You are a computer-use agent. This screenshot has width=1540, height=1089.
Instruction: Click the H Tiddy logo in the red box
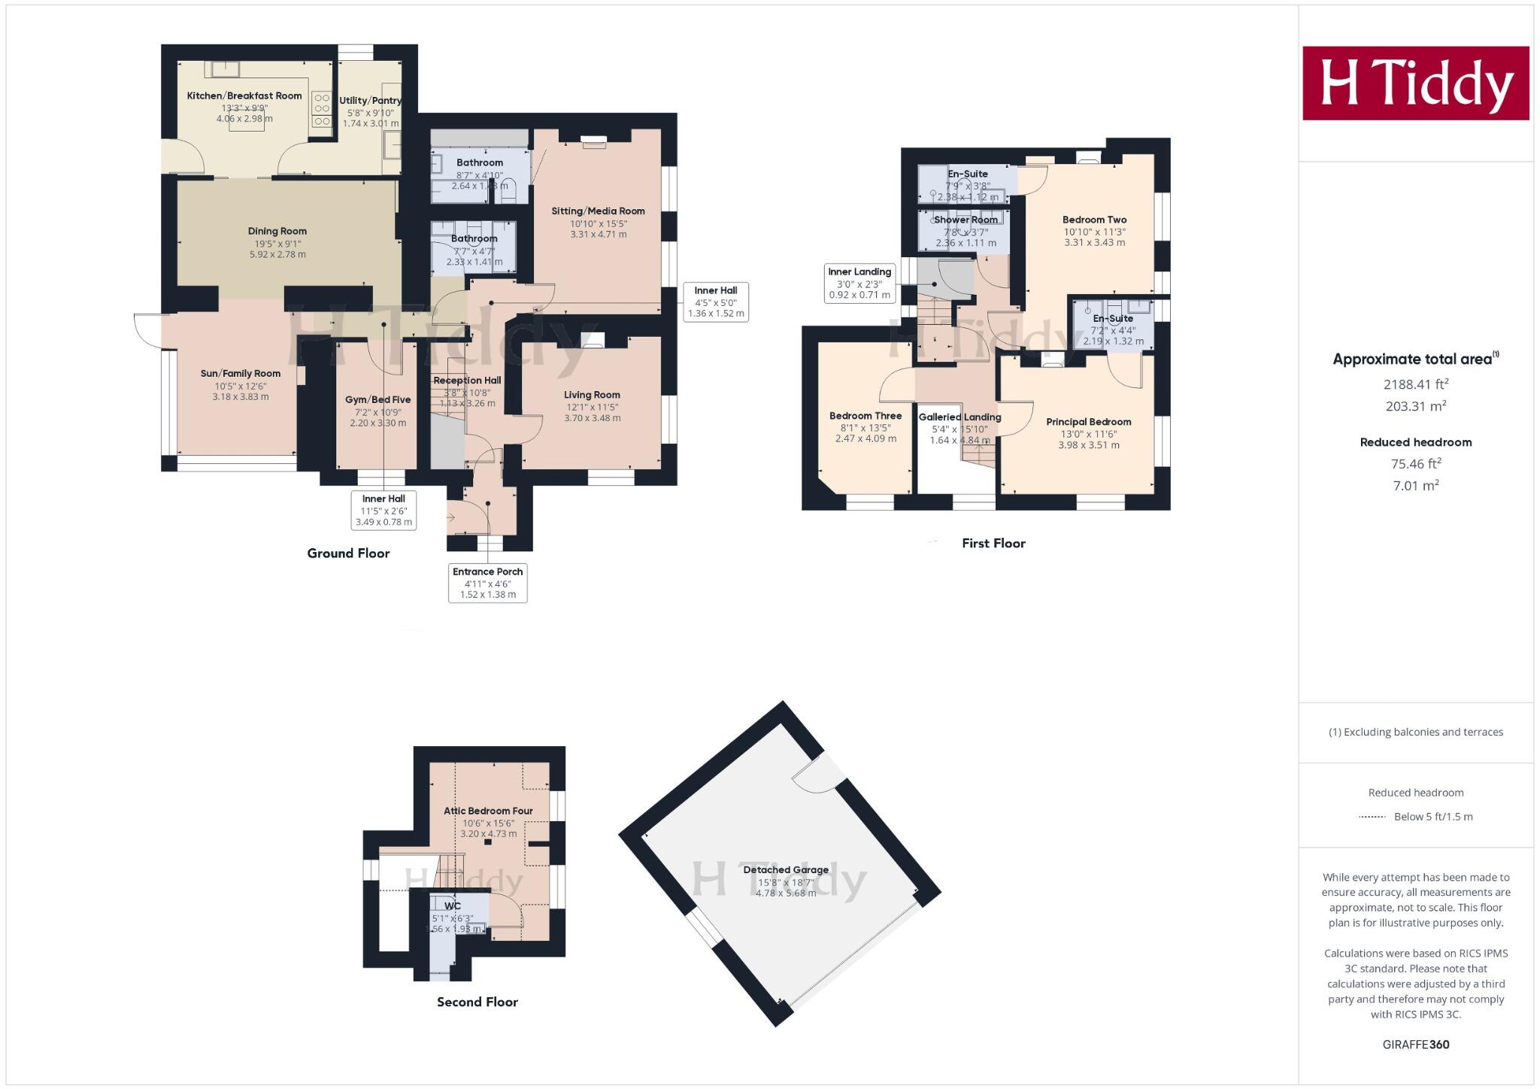click(x=1415, y=83)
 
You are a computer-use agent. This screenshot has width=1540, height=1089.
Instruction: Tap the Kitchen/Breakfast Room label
click(x=244, y=96)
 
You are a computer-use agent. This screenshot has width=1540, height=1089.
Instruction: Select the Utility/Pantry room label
click(x=370, y=101)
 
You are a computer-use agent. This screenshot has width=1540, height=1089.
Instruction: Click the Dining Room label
click(x=277, y=232)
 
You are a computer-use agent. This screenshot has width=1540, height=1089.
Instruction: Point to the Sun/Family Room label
click(x=241, y=374)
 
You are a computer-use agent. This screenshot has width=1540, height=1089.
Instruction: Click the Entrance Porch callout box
click(x=487, y=582)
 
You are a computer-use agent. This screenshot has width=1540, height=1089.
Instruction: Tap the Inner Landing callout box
click(x=859, y=284)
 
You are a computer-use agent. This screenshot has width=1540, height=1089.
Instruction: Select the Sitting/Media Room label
click(x=598, y=211)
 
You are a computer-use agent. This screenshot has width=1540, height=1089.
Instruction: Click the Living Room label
click(x=592, y=395)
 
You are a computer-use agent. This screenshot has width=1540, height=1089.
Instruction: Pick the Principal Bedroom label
click(x=1088, y=422)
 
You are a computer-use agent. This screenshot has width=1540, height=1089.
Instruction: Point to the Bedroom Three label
click(x=865, y=416)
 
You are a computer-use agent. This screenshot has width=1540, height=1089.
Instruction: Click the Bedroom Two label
click(x=1094, y=220)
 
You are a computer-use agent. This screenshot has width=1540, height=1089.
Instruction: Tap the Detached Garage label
click(x=786, y=870)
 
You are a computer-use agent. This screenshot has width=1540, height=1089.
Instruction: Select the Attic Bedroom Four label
click(x=488, y=811)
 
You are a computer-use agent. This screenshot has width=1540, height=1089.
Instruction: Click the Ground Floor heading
click(x=348, y=554)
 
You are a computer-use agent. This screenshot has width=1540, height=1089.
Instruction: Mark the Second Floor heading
click(x=477, y=1002)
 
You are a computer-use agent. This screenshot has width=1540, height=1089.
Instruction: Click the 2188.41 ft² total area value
click(x=1415, y=384)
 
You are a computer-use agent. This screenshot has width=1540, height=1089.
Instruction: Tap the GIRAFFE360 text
click(x=1415, y=1045)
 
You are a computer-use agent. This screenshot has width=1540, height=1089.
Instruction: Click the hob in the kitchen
click(x=322, y=110)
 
